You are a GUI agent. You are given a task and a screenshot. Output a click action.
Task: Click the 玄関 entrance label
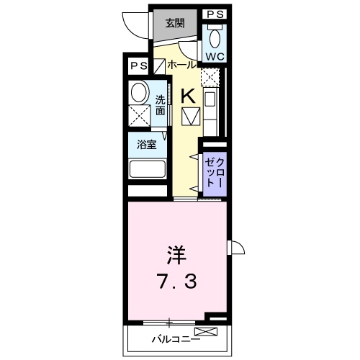click(x=174, y=23)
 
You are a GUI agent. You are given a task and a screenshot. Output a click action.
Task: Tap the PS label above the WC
click(x=214, y=14)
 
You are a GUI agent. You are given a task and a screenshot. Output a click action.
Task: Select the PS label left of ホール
click(x=138, y=66)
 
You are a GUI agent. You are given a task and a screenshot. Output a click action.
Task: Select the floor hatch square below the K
click(x=191, y=115)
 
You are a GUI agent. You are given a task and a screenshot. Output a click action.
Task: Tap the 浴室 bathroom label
click(x=146, y=143)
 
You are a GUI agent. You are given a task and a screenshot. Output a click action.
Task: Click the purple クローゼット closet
click(x=213, y=173)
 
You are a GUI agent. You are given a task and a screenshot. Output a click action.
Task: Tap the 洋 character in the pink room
click(x=179, y=255)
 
